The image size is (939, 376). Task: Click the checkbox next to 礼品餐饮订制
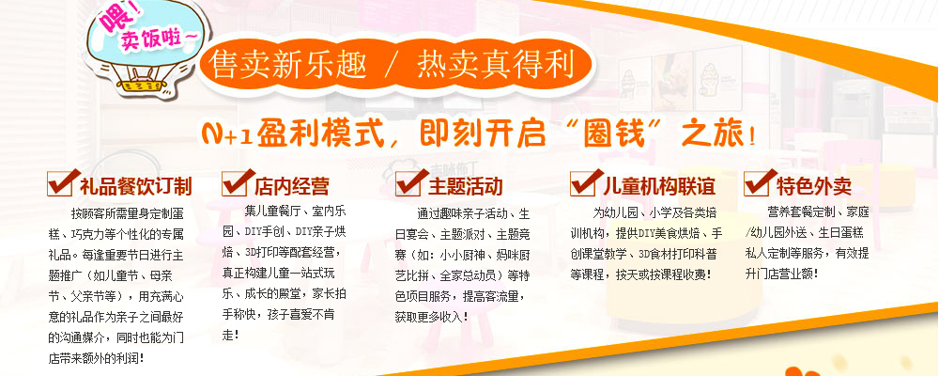coord(63,183)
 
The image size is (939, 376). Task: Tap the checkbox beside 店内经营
coord(238,183)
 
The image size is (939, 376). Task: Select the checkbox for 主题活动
coord(411,183)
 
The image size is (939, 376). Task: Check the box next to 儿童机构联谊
coord(586,183)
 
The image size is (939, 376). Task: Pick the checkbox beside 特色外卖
coord(760,183)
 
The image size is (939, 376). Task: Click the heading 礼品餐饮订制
coord(136,186)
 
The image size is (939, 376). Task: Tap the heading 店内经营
coord(292,186)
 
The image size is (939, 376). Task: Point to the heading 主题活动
coord(466,186)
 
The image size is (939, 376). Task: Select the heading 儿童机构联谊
coord(659,186)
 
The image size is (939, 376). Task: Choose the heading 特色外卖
coord(814,186)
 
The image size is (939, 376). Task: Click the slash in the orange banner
coord(391,65)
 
